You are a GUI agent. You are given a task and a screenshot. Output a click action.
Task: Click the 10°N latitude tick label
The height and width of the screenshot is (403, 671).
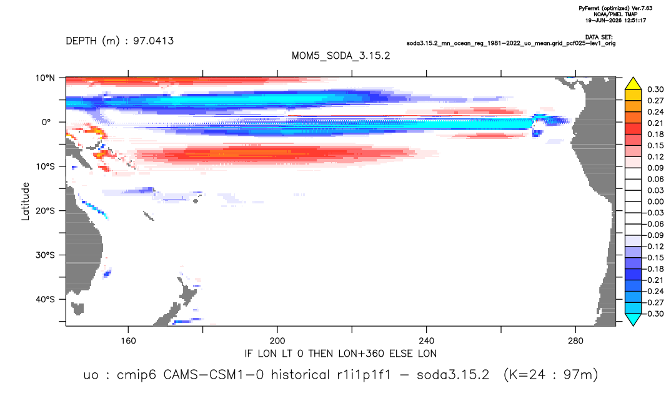click(x=45, y=78)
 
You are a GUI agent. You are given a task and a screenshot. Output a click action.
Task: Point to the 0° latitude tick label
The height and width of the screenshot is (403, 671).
click(x=46, y=122)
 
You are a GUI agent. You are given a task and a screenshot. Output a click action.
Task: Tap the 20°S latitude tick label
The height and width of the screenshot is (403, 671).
click(x=45, y=210)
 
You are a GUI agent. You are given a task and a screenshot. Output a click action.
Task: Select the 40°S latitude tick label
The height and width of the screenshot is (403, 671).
click(x=45, y=299)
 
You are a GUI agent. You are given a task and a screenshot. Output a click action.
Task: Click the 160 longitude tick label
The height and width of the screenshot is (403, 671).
click(x=128, y=341)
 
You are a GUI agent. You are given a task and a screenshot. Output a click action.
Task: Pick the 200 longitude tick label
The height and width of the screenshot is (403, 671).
click(x=277, y=341)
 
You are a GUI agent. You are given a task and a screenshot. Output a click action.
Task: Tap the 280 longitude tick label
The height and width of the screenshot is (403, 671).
click(x=575, y=341)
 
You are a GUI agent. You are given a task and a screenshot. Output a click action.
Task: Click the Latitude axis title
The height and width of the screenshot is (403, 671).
click(x=26, y=201)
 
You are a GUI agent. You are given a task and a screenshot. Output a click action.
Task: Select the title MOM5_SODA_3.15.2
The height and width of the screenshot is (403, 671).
click(x=341, y=56)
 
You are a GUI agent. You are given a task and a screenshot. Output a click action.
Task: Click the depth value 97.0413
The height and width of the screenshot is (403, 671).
click(x=153, y=41)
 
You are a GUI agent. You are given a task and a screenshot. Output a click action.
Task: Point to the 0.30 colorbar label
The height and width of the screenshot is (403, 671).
click(x=655, y=89)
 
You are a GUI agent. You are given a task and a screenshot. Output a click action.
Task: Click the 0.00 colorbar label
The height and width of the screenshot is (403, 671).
click(x=655, y=201)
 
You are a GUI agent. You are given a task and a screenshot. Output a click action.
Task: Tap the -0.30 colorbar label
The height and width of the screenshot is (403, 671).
click(x=654, y=314)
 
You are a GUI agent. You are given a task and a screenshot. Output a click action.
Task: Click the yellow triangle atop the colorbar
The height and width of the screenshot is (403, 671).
click(x=633, y=84)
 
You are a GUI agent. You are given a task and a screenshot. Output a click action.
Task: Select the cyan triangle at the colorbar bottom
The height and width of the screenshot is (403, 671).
click(x=633, y=319)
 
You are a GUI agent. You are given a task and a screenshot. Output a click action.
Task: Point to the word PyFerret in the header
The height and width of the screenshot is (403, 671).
click(x=591, y=9)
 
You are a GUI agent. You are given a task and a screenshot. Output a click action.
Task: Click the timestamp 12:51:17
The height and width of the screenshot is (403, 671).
click(x=634, y=20)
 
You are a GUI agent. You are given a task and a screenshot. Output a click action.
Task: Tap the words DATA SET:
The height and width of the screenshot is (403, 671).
click(x=599, y=38)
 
